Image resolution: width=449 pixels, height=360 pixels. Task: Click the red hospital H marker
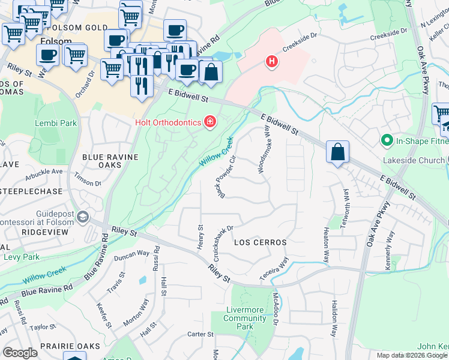(273, 61)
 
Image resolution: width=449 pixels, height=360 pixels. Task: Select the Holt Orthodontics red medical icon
(209, 122)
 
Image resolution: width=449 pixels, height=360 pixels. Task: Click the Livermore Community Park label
(244, 318)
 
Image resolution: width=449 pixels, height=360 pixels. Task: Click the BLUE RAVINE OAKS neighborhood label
(110, 161)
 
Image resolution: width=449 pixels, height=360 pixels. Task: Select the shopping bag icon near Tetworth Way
(338, 152)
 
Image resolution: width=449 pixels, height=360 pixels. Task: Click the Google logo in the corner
(20, 353)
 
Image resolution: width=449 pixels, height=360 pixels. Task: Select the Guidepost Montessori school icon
(82, 216)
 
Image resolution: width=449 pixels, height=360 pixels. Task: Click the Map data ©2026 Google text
(411, 355)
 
